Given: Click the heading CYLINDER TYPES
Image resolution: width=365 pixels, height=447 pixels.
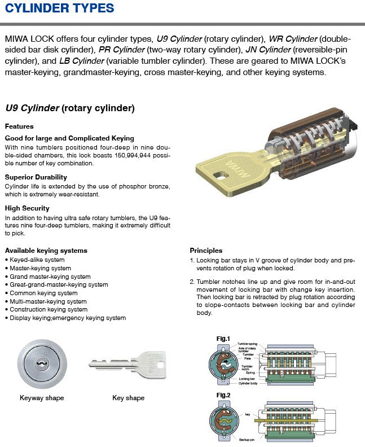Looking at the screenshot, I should (x=59, y=8).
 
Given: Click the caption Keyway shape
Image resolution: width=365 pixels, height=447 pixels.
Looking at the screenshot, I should (x=42, y=398).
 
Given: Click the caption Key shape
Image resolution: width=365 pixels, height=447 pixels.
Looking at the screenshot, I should (x=128, y=398).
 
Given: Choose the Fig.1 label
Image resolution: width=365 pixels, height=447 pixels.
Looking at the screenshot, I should (x=223, y=339).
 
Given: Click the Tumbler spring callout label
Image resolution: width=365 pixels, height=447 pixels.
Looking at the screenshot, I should (x=248, y=344).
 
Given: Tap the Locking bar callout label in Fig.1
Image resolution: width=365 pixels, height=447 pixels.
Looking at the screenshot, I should (x=247, y=379).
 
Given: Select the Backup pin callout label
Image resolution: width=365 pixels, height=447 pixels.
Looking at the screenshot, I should (x=247, y=438).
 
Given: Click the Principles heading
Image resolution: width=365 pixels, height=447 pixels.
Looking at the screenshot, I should (x=206, y=250).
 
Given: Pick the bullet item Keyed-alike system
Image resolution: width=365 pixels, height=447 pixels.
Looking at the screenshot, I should (x=37, y=260).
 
